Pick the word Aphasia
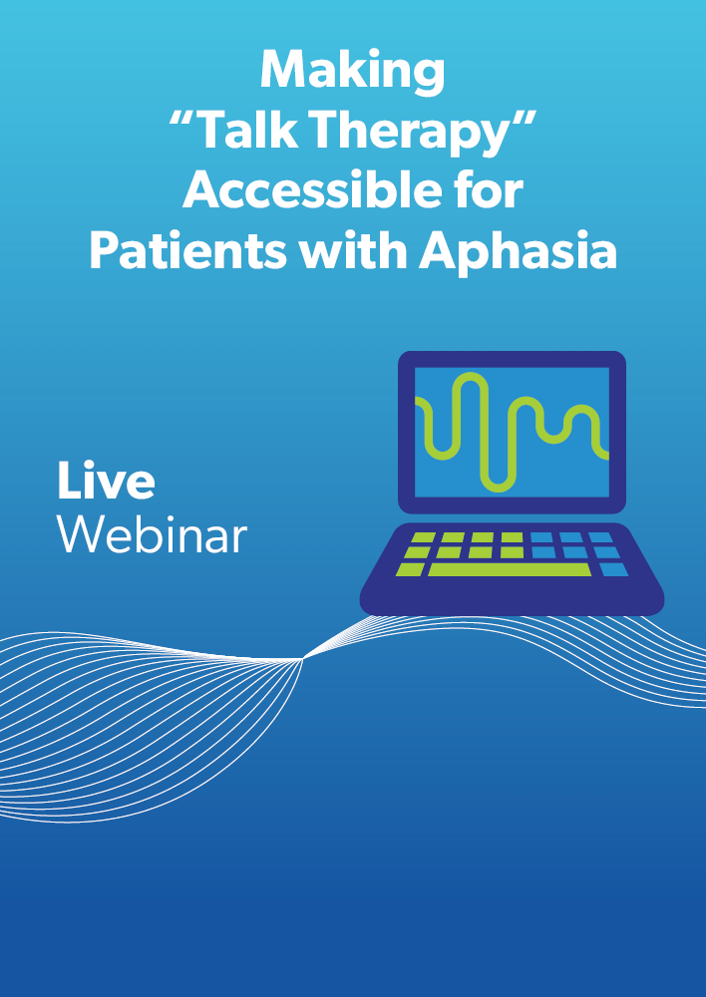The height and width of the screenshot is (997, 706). point(518,252)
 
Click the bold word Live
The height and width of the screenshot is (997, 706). point(106,480)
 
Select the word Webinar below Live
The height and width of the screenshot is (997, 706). point(152,533)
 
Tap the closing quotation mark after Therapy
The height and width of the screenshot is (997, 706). point(523,119)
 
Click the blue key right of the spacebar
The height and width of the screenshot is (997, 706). point(613,569)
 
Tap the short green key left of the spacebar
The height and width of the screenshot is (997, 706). point(410,569)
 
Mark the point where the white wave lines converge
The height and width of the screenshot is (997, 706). point(303,659)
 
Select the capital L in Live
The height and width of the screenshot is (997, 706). point(70,481)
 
